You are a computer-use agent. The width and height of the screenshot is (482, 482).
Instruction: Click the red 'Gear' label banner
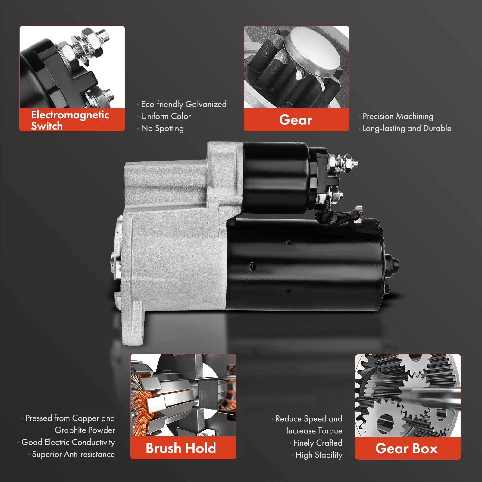pos(296,120)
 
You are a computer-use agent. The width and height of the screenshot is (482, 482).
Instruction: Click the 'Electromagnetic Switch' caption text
pos(70,120)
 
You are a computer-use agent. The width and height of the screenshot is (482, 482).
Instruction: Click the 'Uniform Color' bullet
pos(164,116)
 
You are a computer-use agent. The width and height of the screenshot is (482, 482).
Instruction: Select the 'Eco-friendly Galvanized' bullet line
pos(182,104)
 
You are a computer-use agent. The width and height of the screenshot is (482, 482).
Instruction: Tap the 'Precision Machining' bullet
pos(396,116)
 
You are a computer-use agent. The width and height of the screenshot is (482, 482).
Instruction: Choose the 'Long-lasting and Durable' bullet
pos(405,128)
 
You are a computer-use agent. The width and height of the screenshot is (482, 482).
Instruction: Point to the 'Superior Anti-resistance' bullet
pos(71,454)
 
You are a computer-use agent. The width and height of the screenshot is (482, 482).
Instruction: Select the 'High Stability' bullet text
pos(317,455)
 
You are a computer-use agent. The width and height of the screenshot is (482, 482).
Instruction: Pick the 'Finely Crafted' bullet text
pos(316,443)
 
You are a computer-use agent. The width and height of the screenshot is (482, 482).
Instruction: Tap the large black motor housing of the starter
pos(304,265)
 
